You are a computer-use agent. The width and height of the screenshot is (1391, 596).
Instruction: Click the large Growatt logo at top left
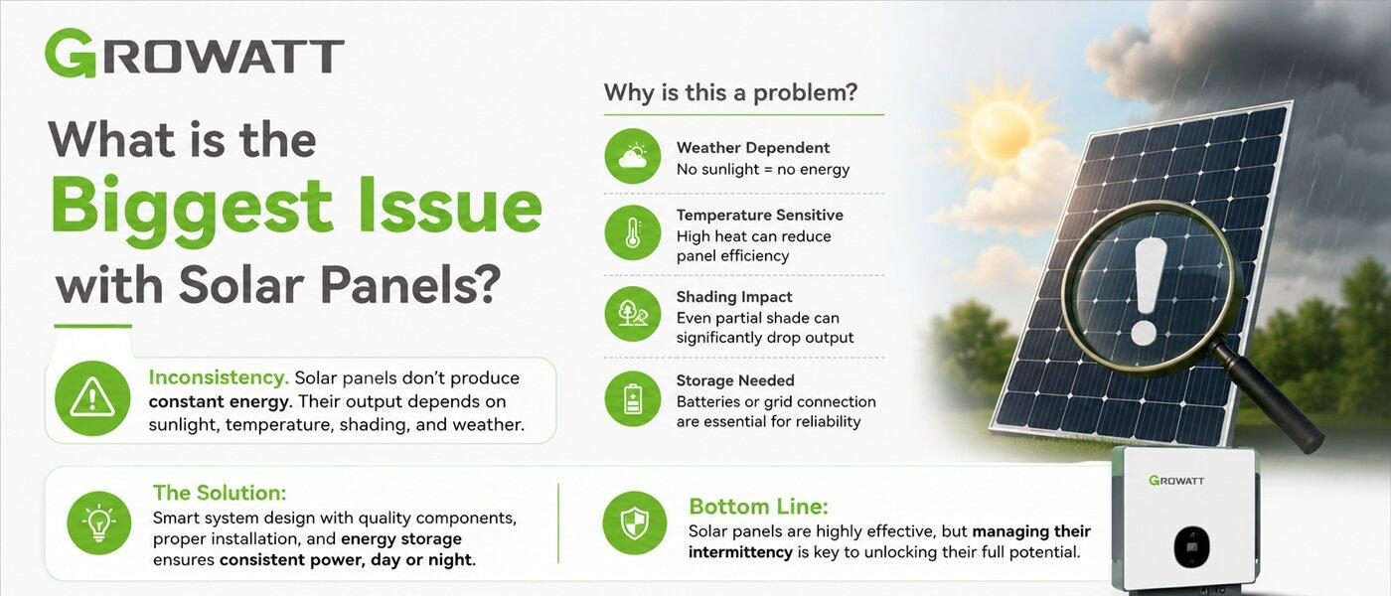point(195,54)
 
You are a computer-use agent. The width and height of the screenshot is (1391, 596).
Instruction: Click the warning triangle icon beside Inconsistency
point(92,398)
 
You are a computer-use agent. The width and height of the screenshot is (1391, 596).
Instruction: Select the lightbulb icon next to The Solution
point(98,522)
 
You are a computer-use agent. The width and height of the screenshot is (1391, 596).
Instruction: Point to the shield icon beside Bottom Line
point(634,522)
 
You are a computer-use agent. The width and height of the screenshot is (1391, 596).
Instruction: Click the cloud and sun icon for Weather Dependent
point(632,156)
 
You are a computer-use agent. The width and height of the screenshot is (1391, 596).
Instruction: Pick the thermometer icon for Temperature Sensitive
point(632,232)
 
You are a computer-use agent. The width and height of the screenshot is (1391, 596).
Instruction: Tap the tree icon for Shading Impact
point(632,314)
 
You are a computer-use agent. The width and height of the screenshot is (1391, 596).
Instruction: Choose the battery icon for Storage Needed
point(632,398)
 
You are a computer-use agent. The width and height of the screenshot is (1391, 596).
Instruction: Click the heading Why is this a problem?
point(730,93)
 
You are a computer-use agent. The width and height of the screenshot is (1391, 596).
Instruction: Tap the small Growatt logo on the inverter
point(1176,480)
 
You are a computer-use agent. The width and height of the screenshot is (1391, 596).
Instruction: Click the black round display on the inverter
point(1191,547)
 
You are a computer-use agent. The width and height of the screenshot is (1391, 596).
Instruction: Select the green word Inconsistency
point(219,377)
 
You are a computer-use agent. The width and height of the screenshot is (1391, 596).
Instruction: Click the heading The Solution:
point(220,493)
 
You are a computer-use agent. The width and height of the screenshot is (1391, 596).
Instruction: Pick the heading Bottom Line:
point(758,507)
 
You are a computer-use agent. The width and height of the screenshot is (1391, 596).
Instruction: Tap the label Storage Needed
point(735,380)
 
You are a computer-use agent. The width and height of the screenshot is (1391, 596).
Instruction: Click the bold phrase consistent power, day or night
point(347,559)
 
